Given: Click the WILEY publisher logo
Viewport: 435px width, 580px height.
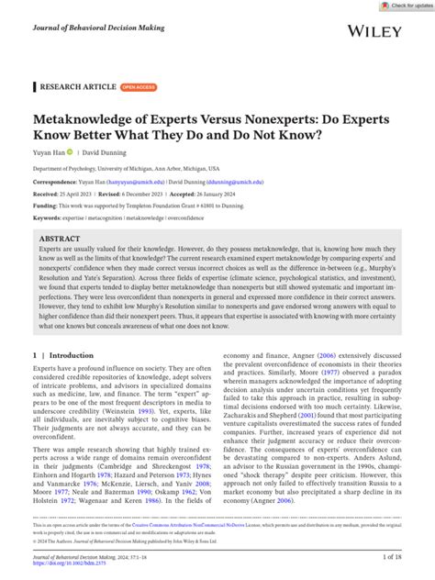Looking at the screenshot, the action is click(375, 30).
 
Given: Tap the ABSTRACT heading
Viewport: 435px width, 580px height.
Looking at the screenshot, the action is click(59, 239).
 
